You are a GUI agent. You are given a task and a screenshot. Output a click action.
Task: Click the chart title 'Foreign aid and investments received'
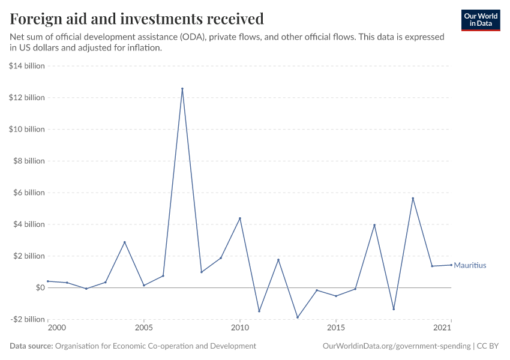[137, 19]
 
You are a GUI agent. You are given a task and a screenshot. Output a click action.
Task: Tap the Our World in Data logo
[480, 20]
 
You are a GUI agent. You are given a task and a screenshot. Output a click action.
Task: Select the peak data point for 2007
[182, 89]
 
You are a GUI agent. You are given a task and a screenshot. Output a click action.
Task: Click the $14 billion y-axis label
[27, 66]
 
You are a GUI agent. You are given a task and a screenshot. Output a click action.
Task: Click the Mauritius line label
[470, 265]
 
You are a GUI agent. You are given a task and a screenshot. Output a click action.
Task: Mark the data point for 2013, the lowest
[298, 317]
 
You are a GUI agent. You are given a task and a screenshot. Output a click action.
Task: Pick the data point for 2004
[125, 242]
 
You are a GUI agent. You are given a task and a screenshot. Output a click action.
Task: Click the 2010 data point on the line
[240, 218]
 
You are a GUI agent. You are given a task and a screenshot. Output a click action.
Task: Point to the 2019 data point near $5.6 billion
[413, 199]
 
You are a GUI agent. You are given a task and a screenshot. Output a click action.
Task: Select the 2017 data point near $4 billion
[374, 225]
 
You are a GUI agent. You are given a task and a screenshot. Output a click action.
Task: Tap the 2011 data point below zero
[259, 311]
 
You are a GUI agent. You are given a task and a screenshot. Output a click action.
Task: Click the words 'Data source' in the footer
[31, 346]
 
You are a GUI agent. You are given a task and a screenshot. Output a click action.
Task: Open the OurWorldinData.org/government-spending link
[397, 346]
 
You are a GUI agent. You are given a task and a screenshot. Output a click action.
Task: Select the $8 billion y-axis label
[29, 161]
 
